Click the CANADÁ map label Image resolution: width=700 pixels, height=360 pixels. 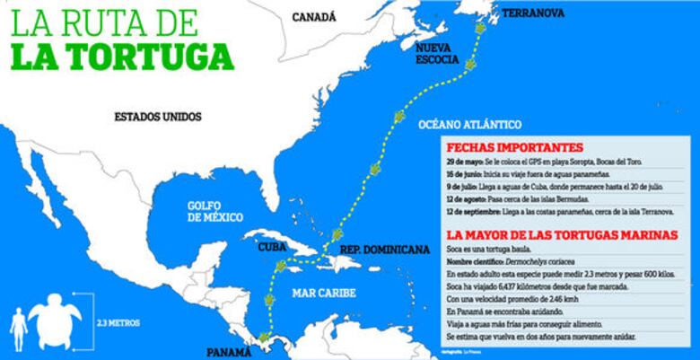tap(314, 16)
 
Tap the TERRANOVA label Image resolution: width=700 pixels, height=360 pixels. tap(532, 13)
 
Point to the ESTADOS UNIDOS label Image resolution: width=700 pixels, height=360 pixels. tap(158, 116)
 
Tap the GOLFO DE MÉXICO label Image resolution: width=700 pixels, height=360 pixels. tap(217, 210)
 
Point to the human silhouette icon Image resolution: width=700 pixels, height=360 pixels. tap(17, 328)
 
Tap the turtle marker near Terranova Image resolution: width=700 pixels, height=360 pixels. tap(482, 29)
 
